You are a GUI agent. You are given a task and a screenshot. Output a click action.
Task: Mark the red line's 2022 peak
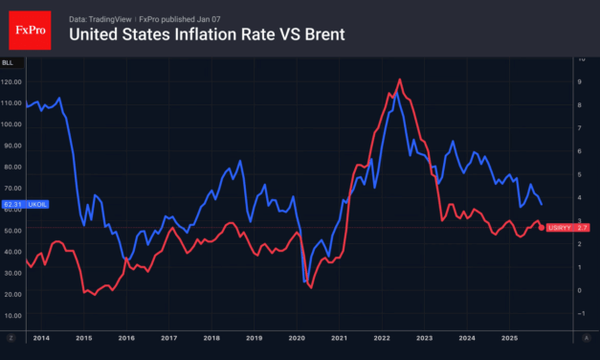click(x=399, y=79)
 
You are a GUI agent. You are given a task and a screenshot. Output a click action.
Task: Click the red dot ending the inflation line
click(x=538, y=225)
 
